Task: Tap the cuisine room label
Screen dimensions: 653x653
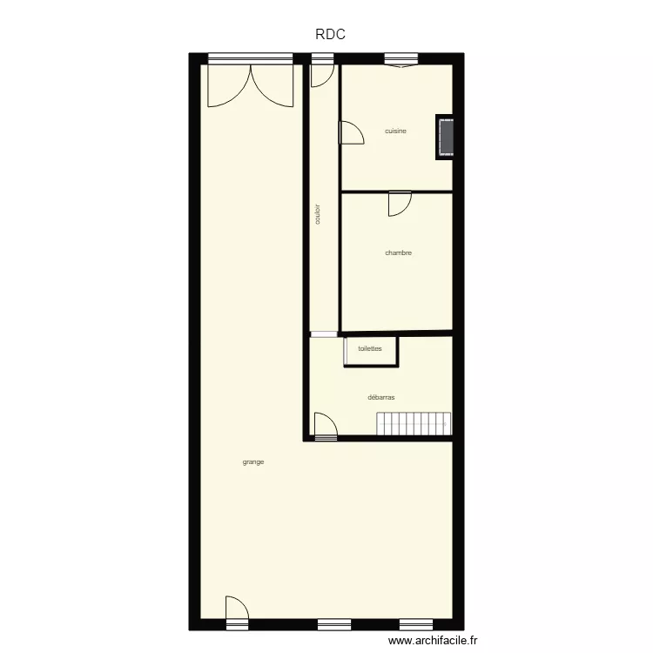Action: (396, 131)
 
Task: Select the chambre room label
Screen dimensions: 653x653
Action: (398, 253)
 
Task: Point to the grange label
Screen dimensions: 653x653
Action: (253, 462)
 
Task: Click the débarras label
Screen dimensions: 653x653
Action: (381, 397)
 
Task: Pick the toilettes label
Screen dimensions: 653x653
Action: (370, 348)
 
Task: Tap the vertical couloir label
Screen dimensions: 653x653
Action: (318, 215)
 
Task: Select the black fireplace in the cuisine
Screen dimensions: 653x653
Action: (446, 138)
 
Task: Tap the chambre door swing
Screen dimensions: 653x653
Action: (400, 204)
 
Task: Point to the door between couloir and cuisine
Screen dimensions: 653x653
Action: (350, 132)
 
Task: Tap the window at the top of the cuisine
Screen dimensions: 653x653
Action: (400, 60)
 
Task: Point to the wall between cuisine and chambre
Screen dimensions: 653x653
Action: (396, 192)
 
